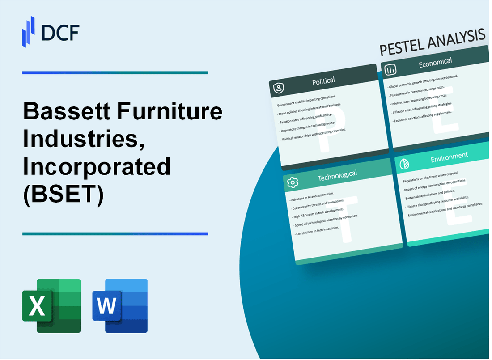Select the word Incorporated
(97, 167)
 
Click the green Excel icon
(51, 306)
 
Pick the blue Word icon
(120, 306)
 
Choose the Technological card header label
(337, 176)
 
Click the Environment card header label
(449, 156)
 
